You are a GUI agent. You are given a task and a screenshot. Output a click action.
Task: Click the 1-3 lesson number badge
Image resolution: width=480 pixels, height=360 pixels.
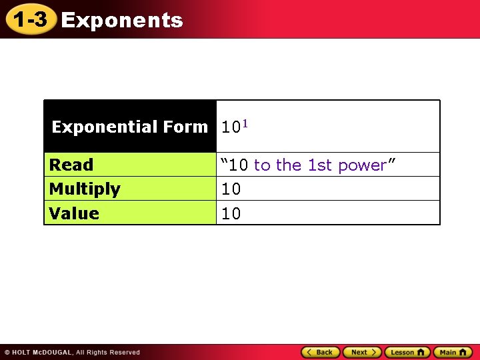click(x=30, y=20)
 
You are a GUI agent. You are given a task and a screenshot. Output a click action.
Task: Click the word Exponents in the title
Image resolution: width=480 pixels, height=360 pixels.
click(x=122, y=21)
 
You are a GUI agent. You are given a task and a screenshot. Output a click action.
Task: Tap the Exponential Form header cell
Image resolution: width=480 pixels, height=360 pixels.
click(x=130, y=127)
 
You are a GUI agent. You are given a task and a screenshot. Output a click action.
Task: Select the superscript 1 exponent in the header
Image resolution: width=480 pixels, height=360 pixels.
click(x=245, y=123)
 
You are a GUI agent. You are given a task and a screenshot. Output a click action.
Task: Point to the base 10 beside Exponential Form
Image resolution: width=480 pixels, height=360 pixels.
click(x=231, y=127)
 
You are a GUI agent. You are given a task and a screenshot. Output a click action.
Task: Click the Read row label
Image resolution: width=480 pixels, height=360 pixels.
click(x=71, y=165)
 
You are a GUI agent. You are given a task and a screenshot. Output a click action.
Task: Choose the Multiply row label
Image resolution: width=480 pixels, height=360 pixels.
click(x=85, y=189)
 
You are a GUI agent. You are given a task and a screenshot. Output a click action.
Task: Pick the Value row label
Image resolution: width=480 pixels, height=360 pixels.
click(x=74, y=213)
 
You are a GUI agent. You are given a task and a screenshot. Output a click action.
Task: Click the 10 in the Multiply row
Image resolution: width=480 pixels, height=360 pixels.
click(x=231, y=189)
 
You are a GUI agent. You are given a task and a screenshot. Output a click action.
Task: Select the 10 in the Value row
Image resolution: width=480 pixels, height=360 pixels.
click(x=231, y=214)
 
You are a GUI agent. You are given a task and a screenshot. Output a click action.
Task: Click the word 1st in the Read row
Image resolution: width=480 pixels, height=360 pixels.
click(x=321, y=165)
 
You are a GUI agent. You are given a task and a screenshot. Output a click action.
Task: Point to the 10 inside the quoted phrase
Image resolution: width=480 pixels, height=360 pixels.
click(x=239, y=165)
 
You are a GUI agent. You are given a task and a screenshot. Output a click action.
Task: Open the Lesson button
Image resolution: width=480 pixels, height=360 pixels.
click(x=407, y=352)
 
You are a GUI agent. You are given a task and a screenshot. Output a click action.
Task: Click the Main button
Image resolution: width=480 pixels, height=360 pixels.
click(x=453, y=352)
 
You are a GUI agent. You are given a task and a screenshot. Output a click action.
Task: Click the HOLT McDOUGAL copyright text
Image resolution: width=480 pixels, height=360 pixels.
click(x=41, y=352)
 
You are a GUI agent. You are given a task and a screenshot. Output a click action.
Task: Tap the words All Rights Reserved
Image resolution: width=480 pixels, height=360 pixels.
click(x=108, y=352)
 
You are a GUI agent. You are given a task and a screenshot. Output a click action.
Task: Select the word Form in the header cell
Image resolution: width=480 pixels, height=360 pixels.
click(x=189, y=127)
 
